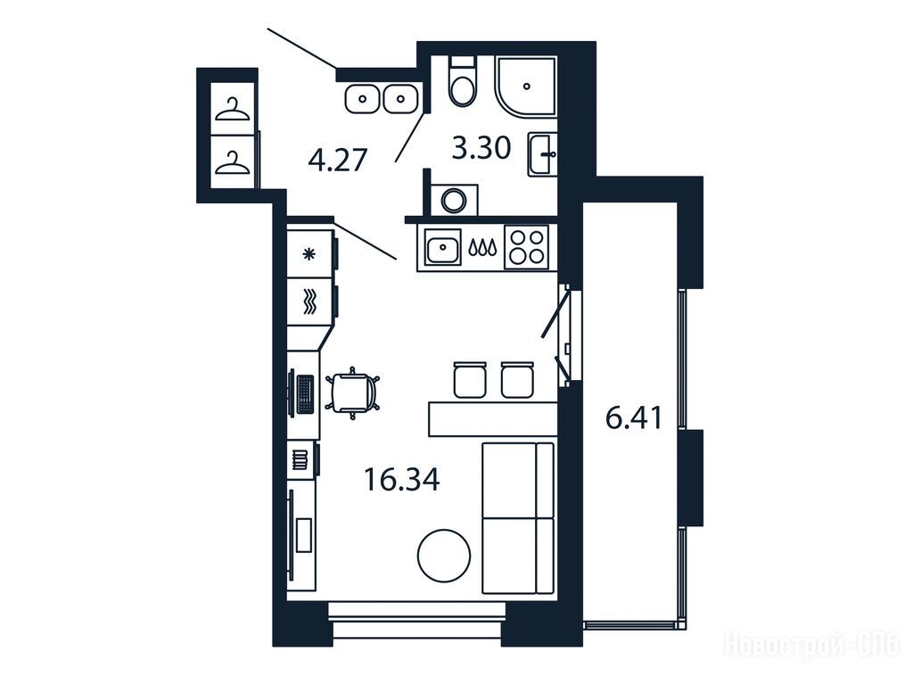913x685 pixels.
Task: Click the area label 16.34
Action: tap(402, 480)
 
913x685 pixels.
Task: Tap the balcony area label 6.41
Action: tap(634, 417)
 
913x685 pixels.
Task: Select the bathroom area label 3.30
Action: tap(481, 148)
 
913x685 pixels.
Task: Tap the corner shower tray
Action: tap(526, 86)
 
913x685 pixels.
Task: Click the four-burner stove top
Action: tap(527, 248)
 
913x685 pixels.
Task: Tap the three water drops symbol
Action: tap(482, 248)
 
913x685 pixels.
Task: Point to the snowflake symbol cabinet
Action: tap(309, 253)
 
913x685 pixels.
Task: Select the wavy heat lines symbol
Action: tap(309, 301)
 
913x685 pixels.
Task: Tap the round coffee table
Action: tap(444, 555)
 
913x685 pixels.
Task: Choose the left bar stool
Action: tap(469, 379)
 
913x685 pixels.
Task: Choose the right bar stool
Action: tap(517, 379)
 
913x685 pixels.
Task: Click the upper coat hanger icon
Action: tap(233, 110)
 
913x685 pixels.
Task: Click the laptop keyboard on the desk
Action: tap(305, 394)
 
